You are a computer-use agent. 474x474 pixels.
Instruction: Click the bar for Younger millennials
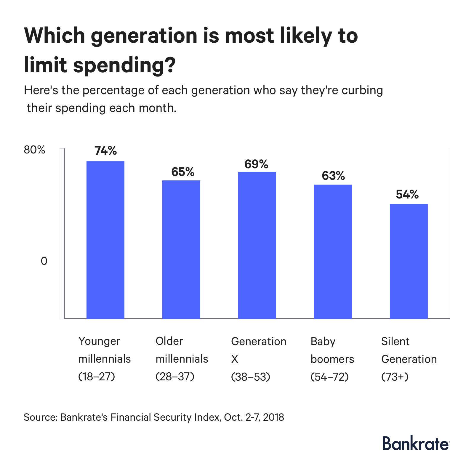point(105,240)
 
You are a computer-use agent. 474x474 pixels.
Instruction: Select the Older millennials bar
point(181,249)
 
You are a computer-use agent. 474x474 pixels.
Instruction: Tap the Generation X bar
point(257,245)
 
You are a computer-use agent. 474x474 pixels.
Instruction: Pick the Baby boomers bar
point(333,252)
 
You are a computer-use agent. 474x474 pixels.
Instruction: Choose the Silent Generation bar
point(409,261)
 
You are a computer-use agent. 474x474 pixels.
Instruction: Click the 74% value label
point(106,151)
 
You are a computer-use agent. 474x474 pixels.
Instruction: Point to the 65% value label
point(183,172)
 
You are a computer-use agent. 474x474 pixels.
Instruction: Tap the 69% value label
point(256,164)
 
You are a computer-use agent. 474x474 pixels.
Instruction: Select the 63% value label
point(333,176)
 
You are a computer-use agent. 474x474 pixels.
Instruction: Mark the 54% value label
point(407,195)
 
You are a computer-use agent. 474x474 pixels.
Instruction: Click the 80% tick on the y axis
point(34,150)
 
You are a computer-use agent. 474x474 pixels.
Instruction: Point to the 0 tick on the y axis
point(44,261)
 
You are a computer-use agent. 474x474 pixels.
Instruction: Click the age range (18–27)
point(97,377)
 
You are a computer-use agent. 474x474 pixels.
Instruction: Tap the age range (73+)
point(395,377)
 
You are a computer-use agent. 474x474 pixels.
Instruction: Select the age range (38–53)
point(251,377)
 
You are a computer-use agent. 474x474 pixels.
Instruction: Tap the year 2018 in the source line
point(273,417)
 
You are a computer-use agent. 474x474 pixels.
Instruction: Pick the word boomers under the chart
point(332,359)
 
